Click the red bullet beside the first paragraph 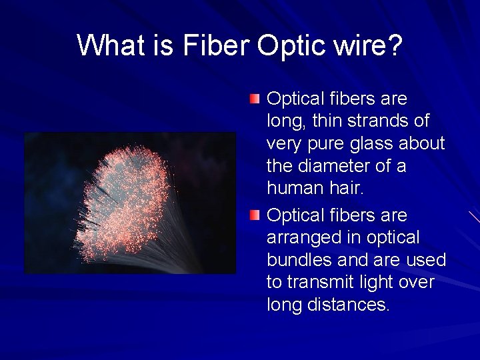pyautogui.click(x=255, y=99)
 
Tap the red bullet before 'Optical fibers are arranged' pyautogui.click(x=255, y=216)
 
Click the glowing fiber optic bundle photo pyautogui.click(x=131, y=203)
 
